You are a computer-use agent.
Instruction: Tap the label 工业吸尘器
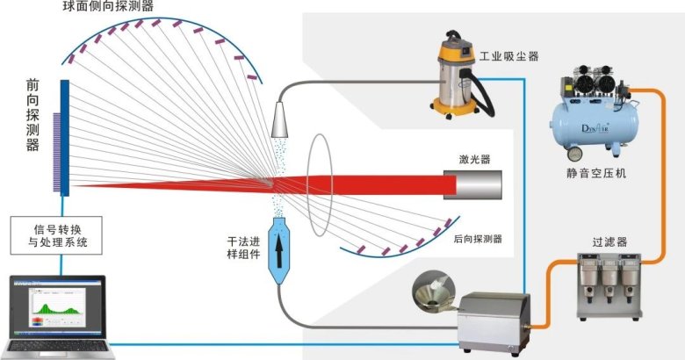click(508, 57)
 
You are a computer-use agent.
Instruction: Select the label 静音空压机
click(596, 172)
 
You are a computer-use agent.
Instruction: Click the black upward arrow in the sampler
click(278, 248)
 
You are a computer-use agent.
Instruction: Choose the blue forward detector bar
click(65, 137)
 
